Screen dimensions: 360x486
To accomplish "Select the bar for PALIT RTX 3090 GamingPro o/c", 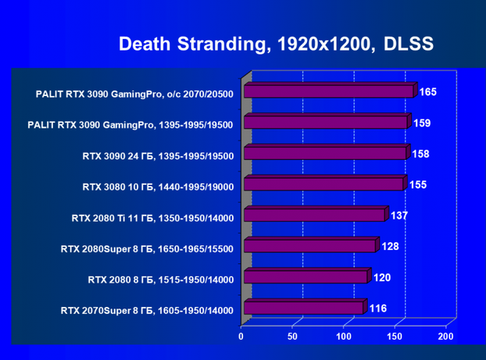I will [x=328, y=92].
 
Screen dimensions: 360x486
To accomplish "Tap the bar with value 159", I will [x=325, y=123].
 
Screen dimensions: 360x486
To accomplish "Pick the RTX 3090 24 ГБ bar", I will [x=325, y=153].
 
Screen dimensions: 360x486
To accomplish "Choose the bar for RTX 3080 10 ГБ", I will [x=323, y=184].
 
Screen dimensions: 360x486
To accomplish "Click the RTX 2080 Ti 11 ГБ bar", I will [x=314, y=216].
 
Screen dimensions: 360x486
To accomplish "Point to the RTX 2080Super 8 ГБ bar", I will [x=309, y=247].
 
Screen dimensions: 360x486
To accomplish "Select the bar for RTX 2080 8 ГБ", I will [x=306, y=277].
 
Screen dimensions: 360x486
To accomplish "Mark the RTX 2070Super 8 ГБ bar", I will [x=303, y=308].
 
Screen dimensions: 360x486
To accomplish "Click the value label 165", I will [x=427, y=92].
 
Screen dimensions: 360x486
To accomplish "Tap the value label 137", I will [x=399, y=216].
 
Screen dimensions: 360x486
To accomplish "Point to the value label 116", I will [x=377, y=308].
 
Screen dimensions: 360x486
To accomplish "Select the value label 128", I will [x=390, y=247].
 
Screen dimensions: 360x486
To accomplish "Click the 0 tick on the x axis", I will [x=241, y=337].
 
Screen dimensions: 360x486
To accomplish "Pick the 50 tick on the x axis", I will [x=292, y=337].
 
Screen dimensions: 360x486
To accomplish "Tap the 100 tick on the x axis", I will [x=343, y=337].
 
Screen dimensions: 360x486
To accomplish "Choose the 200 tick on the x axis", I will [x=445, y=337].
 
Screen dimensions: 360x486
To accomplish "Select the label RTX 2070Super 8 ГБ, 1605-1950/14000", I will [x=147, y=311].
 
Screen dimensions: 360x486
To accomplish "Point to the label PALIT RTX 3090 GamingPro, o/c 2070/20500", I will [x=134, y=94].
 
